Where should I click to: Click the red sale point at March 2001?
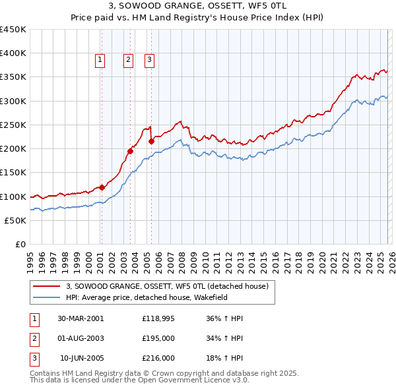[102, 187]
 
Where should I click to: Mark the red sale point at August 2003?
[130, 151]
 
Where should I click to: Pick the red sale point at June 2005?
[152, 141]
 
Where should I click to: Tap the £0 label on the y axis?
[20, 244]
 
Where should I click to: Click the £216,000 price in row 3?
[158, 358]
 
